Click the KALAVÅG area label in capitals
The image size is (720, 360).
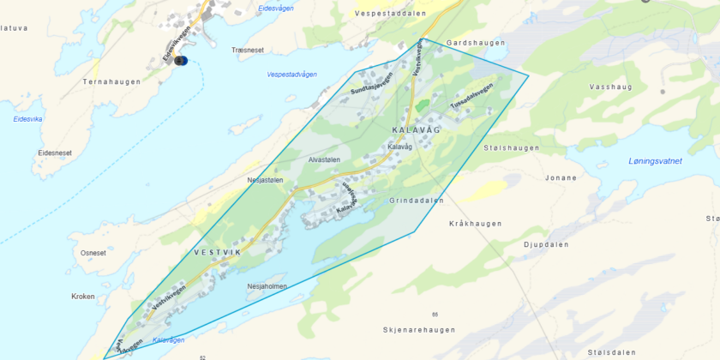point(415,129)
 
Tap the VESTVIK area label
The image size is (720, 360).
point(218,252)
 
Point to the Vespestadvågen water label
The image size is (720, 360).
point(291,75)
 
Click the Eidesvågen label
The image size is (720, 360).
point(276,9)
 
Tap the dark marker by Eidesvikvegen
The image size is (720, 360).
point(180,61)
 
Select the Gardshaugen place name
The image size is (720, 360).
point(471,42)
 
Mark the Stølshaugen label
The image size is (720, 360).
point(512,147)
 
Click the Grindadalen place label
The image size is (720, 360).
point(417,201)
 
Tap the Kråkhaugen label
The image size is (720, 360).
point(475,224)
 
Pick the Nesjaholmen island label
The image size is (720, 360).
point(267,286)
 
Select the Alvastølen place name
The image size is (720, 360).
point(325,159)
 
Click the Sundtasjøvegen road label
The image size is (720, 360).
point(371,83)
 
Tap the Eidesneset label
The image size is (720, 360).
point(55,153)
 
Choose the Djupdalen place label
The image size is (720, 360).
point(546,244)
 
